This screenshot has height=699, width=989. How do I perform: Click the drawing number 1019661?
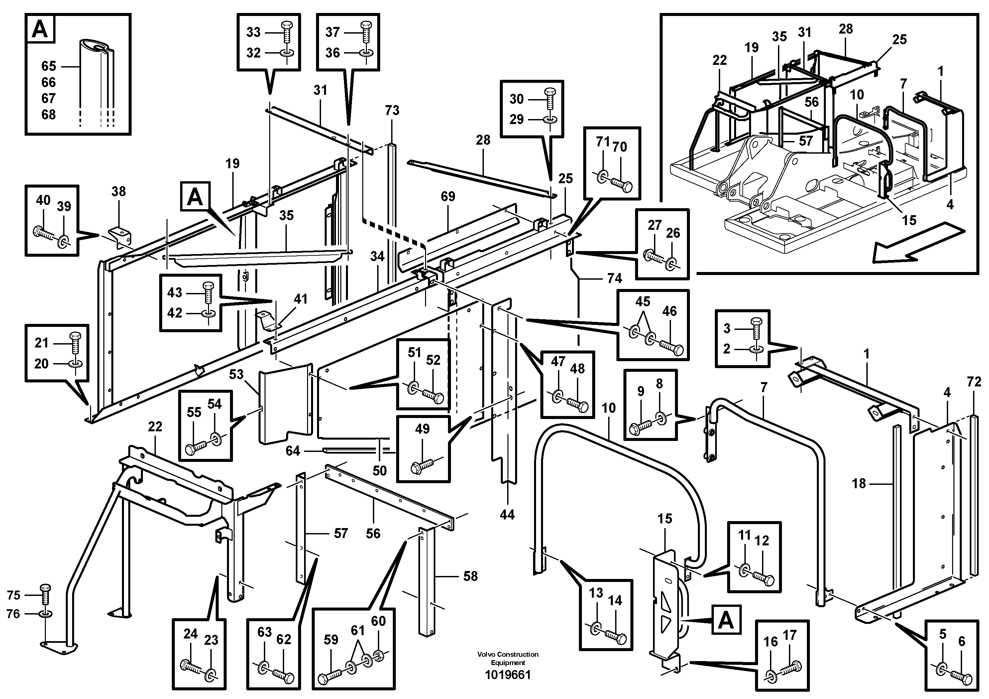click(x=508, y=675)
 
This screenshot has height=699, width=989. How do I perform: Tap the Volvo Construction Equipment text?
click(x=508, y=658)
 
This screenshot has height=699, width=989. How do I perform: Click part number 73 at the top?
click(x=392, y=111)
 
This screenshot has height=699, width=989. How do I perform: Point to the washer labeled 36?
click(x=366, y=53)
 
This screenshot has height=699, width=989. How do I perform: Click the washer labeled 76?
click(x=45, y=613)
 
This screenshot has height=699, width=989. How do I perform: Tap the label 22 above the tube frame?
click(x=155, y=427)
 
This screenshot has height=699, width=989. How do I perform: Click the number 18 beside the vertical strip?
click(x=858, y=484)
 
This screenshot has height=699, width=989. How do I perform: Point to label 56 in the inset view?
click(x=811, y=102)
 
